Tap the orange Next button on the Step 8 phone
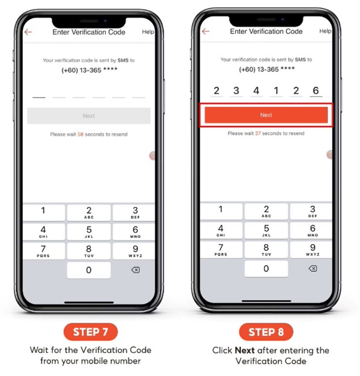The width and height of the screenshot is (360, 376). (266, 115)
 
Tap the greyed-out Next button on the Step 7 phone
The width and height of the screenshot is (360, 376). (89, 116)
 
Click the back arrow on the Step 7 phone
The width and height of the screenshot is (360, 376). (28, 32)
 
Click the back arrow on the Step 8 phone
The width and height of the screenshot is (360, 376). (206, 31)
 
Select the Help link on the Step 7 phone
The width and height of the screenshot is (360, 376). (148, 32)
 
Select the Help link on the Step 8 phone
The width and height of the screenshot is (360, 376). (325, 31)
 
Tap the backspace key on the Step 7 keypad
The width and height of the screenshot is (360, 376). (135, 270)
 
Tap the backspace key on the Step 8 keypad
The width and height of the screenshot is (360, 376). (313, 268)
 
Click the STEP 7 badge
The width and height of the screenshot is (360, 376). (90, 332)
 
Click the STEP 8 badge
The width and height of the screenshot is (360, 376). (266, 332)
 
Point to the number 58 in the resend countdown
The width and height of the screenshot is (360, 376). (80, 134)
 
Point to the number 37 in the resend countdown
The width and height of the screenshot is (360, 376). (258, 133)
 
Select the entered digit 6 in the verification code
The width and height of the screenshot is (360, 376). (316, 90)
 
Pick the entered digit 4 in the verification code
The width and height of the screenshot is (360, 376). (256, 90)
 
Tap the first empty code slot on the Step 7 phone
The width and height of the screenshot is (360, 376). (39, 97)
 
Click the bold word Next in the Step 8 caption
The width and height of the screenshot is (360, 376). (245, 350)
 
